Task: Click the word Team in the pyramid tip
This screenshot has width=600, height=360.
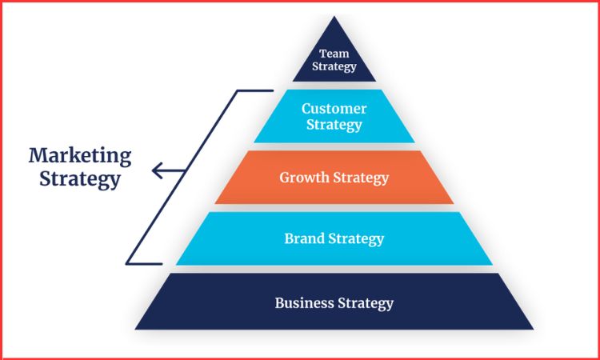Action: [334, 54]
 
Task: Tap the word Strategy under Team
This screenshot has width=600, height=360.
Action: [334, 66]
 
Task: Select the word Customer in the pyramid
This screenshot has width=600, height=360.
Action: [334, 109]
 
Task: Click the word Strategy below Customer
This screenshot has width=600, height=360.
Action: [334, 125]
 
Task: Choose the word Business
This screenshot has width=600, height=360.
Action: [302, 303]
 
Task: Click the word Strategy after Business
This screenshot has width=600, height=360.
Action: [364, 303]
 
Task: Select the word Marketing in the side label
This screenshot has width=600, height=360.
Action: [80, 154]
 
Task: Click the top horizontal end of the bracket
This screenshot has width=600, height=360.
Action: [256, 90]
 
